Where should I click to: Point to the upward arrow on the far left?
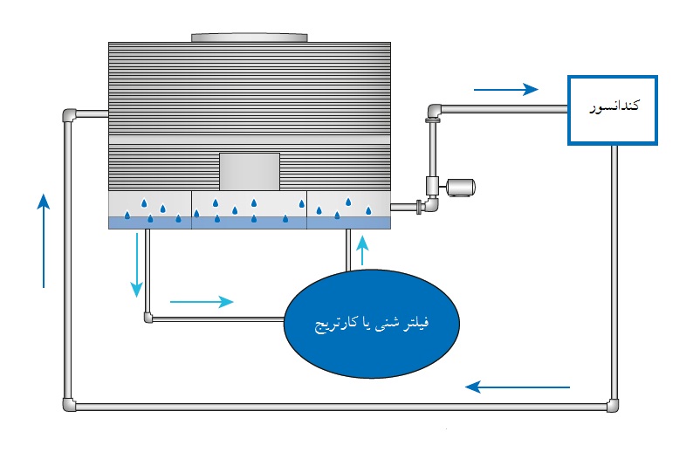click(x=44, y=240)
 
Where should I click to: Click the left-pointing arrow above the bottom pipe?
click(x=517, y=386)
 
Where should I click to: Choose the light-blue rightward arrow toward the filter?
click(x=202, y=302)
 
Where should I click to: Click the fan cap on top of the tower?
click(x=250, y=38)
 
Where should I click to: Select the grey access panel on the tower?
click(x=249, y=171)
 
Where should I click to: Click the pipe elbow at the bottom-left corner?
click(x=69, y=405)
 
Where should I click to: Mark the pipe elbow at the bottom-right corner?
click(x=615, y=405)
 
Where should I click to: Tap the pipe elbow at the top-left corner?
click(x=70, y=115)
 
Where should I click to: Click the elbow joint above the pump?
click(x=434, y=111)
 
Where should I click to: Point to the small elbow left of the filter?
click(x=148, y=318)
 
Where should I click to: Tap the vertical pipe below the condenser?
click(x=615, y=262)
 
